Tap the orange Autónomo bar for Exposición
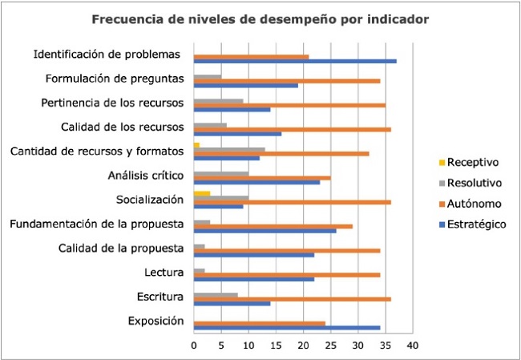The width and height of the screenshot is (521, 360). pos(259,324)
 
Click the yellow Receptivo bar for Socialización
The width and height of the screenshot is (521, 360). pos(202,193)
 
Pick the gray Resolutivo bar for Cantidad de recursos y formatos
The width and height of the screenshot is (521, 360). pos(229,149)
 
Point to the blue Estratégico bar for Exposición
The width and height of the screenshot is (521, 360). pos(287,329)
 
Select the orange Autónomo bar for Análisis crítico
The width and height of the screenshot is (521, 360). pos(262,178)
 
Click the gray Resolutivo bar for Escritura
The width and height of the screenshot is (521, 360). pos(216,295)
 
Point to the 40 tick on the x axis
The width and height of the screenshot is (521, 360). pos(412,346)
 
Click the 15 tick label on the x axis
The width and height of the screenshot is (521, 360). pos(276,346)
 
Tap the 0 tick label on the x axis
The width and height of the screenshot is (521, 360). pos(194,346)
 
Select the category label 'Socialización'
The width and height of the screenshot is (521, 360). pos(150,199)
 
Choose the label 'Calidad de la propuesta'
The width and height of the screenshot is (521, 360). pos(121,248)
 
